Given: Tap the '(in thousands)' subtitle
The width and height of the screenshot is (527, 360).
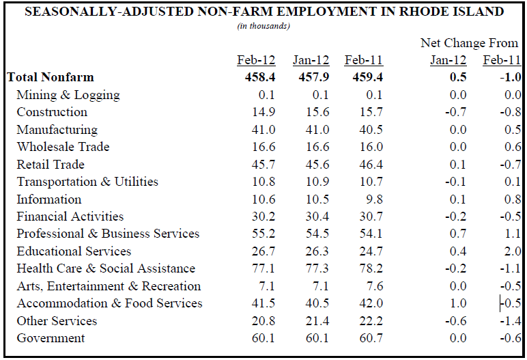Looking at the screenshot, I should click(x=263, y=26).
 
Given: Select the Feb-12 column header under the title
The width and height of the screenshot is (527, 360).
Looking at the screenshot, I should click(x=256, y=60).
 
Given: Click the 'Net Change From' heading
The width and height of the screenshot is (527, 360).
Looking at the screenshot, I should click(x=469, y=43).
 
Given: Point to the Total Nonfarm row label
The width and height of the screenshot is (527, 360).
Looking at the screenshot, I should click(x=51, y=77).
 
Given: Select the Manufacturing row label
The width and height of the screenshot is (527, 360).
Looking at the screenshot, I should click(x=57, y=129).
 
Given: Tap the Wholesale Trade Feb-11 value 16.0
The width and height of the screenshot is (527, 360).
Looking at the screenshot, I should click(x=371, y=147).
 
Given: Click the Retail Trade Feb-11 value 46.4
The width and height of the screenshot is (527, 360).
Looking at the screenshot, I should click(x=371, y=164).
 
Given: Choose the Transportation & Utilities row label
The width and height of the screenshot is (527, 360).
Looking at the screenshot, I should click(x=87, y=182).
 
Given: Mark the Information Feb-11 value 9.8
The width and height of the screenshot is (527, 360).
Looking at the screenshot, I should click(x=374, y=199).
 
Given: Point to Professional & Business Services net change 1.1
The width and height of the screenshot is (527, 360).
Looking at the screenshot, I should click(x=512, y=234).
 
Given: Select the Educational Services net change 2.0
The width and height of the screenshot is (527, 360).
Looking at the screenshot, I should click(x=512, y=251).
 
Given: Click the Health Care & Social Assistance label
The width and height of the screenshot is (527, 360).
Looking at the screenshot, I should click(x=106, y=268).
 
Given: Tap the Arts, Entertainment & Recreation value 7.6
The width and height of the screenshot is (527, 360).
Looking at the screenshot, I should click(x=374, y=286).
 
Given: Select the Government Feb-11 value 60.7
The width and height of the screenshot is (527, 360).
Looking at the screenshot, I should click(x=371, y=338).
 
